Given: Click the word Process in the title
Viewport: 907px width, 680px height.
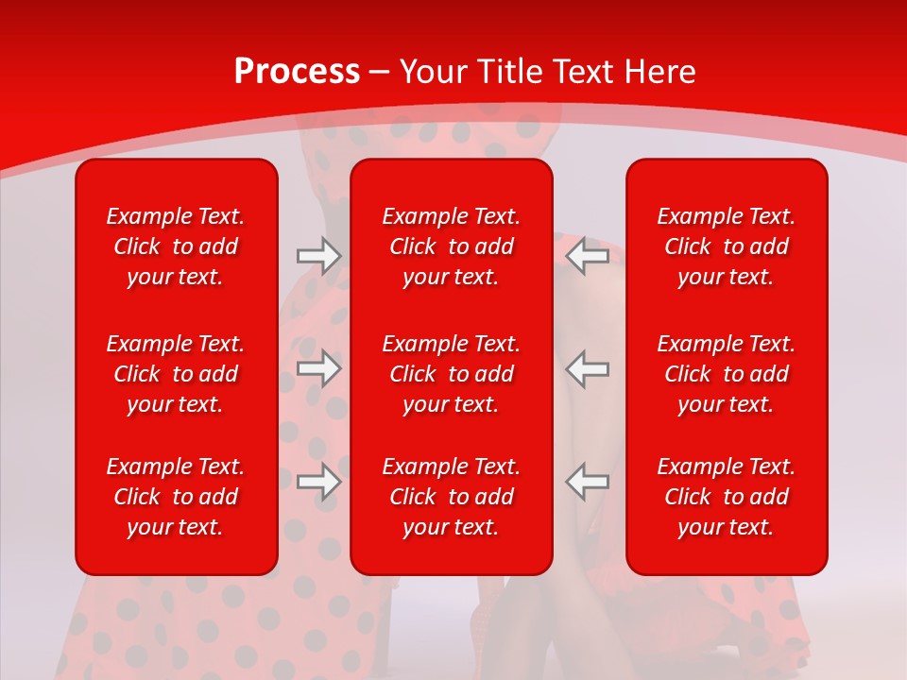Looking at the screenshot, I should coord(297,72).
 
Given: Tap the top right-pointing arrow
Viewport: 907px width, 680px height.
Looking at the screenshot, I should coord(318,256).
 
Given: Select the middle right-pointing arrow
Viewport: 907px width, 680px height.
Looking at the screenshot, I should coord(318,368).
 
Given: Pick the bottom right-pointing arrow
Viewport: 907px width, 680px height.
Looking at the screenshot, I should coord(318,482).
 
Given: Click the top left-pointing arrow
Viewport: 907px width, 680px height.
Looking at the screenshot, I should coord(587,256).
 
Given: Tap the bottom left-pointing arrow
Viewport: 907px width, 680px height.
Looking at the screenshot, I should coord(587,482).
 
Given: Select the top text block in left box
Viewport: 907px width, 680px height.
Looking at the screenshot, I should coord(176,246).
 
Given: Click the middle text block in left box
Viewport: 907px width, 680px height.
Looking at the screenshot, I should coord(176,374).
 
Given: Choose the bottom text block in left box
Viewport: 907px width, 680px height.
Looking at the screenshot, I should coord(176,497).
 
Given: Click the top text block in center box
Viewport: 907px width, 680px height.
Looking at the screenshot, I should coord(451,246).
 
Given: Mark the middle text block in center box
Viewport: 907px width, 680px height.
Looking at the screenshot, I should coord(451,374).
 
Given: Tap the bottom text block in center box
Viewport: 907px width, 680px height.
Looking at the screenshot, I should coord(451,497).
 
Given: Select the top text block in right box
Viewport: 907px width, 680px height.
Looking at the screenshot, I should coord(726,246).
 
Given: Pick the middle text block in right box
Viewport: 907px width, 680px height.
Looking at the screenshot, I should coord(726,374).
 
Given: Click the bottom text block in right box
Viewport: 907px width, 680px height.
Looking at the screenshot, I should coord(726,497).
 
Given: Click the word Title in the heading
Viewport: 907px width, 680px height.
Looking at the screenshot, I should coord(511,72).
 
